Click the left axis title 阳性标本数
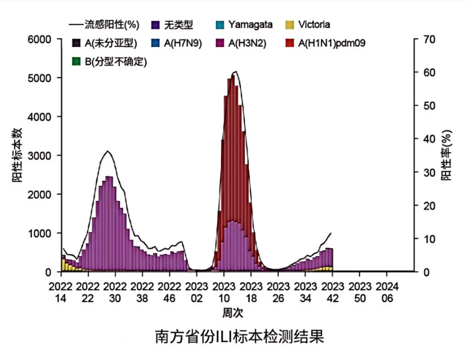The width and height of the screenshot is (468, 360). pyautogui.click(x=20, y=156)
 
